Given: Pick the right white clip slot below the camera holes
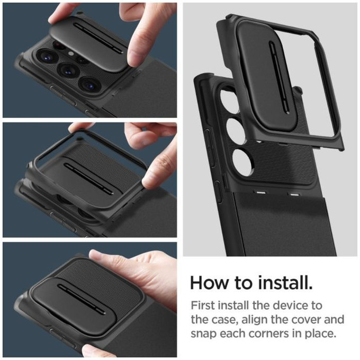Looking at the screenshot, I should pos(292,194).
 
